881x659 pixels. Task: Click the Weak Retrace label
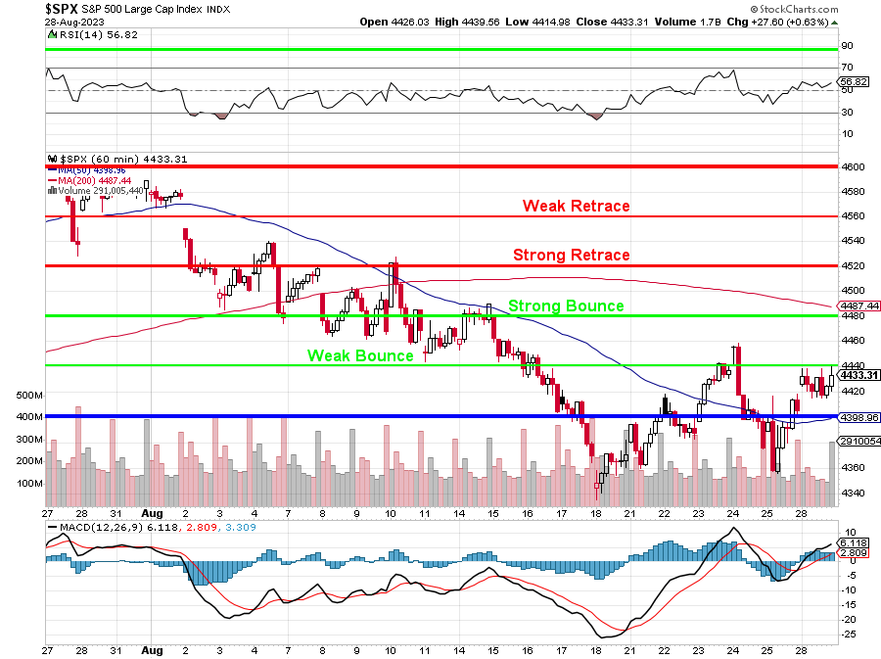click(576, 206)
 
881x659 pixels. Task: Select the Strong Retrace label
click(572, 255)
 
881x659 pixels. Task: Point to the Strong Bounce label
click(566, 306)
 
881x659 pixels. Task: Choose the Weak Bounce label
click(360, 355)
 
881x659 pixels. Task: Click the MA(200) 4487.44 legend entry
click(97, 180)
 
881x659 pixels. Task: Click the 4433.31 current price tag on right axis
click(858, 375)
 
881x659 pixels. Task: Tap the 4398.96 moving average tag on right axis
click(858, 417)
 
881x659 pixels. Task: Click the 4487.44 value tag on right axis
click(858, 306)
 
